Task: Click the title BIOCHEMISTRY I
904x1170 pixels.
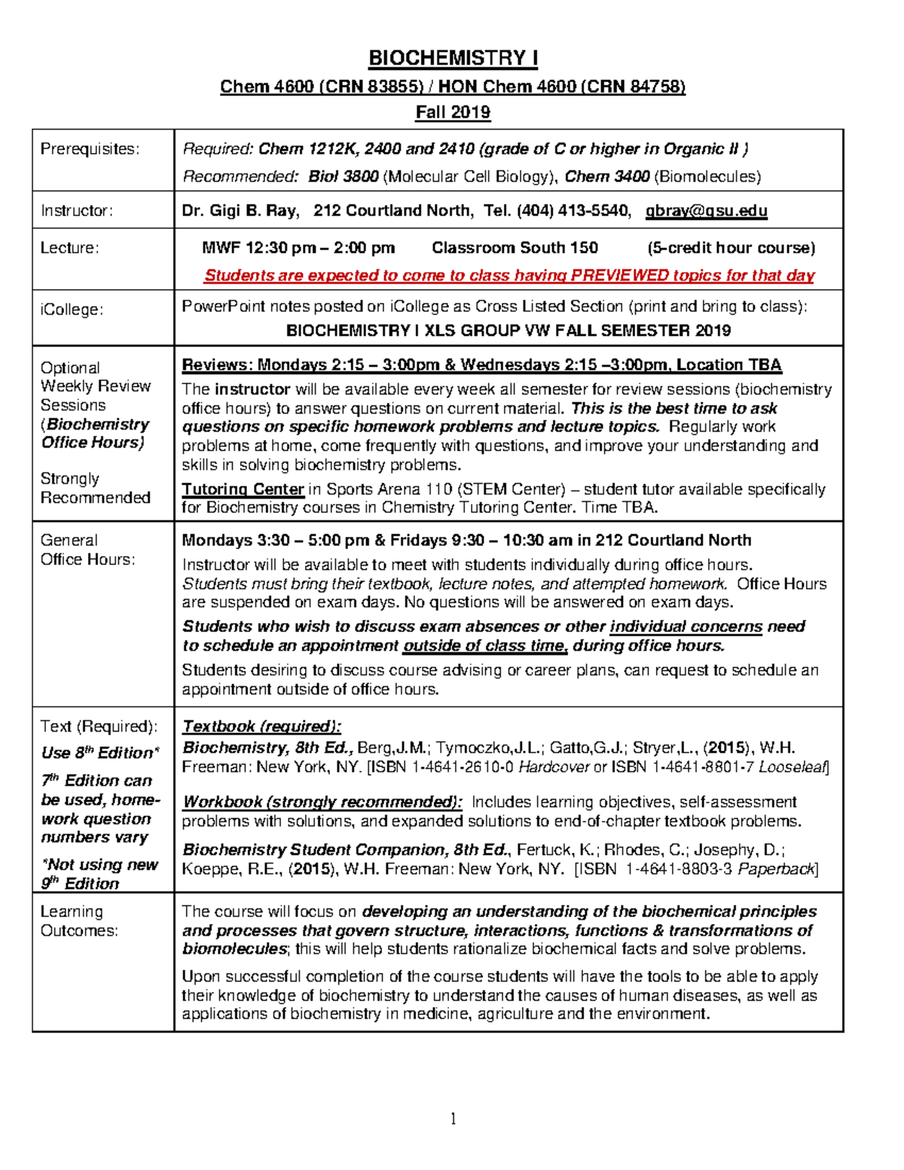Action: tap(452, 58)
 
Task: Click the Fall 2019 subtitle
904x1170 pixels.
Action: tap(453, 113)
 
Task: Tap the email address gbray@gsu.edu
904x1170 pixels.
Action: tap(706, 211)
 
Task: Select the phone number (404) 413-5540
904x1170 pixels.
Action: tap(573, 211)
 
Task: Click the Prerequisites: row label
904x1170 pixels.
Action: tap(90, 149)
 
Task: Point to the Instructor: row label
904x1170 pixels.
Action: tap(76, 211)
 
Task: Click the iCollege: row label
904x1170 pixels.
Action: tap(72, 310)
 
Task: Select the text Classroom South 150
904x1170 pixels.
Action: tap(515, 248)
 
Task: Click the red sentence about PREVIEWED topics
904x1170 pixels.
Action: tap(509, 276)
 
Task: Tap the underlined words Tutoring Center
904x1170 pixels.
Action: tap(243, 490)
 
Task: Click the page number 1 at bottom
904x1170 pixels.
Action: tap(453, 1119)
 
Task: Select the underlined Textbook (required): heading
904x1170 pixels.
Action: tap(261, 727)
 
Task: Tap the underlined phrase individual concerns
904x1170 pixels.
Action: tap(686, 627)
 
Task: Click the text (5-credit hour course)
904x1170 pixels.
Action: tap(731, 248)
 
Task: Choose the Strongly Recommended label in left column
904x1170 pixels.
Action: tap(95, 488)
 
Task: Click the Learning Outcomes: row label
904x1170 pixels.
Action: tap(78, 921)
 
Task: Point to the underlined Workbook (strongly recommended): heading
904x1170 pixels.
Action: tap(322, 802)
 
